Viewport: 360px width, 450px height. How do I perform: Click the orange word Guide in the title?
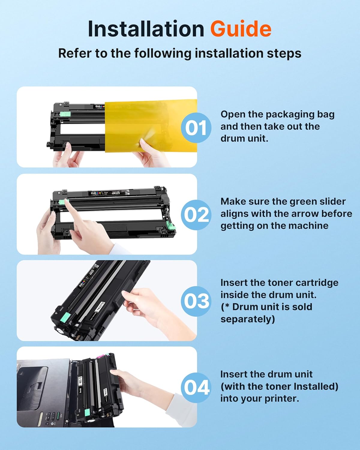tap(241, 29)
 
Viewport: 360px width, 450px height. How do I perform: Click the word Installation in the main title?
tap(146, 29)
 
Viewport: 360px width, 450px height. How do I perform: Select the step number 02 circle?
tap(196, 215)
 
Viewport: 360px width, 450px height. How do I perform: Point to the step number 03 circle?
tap(196, 301)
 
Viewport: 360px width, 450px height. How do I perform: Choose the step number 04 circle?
tap(196, 387)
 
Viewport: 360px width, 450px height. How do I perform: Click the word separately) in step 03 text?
tap(247, 319)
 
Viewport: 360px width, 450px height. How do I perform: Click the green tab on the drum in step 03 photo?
tap(67, 316)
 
